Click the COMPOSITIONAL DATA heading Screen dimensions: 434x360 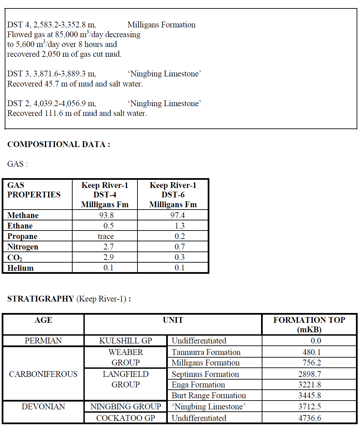(58, 144)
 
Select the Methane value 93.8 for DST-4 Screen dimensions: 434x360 (106, 215)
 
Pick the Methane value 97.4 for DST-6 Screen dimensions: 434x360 (177, 215)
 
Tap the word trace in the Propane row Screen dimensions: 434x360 (106, 236)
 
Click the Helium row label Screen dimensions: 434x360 (21, 268)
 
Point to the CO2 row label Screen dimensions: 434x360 (15, 258)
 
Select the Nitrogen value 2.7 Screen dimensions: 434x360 (108, 247)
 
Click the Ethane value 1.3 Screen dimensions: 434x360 (180, 226)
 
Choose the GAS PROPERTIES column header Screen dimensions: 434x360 (34, 190)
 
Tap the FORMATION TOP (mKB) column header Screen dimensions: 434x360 (309, 324)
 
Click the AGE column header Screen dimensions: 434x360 (43, 320)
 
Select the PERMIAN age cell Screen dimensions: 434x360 (43, 341)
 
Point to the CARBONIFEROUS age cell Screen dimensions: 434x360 (43, 374)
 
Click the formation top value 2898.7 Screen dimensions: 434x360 (309, 374)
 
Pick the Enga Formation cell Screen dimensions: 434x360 (198, 385)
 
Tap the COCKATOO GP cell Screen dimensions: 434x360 (126, 418)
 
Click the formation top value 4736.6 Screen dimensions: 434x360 (309, 418)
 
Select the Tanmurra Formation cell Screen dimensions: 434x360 (206, 352)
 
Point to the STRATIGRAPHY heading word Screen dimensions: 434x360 (41, 299)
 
